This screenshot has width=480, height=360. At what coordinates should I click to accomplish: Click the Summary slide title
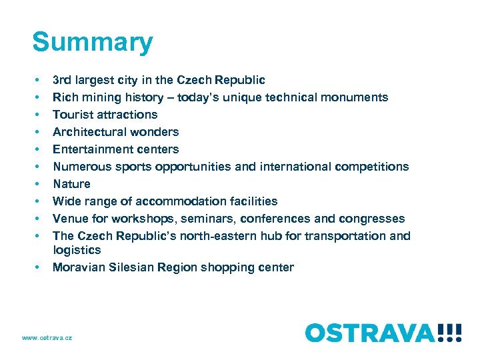(92, 42)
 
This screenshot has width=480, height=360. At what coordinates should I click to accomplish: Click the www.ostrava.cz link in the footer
(47, 338)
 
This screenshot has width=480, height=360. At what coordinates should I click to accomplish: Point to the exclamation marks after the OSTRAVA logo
(449, 332)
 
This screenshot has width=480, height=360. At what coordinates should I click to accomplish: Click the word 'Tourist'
(72, 115)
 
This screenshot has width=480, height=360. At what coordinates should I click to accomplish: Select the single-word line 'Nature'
(71, 184)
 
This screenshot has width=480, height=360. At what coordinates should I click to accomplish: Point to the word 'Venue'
(69, 219)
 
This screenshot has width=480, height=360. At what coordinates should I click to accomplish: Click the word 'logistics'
(77, 250)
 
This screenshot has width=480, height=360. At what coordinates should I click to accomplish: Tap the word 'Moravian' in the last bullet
(78, 267)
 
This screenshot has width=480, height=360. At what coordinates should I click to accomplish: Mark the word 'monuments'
(357, 97)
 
